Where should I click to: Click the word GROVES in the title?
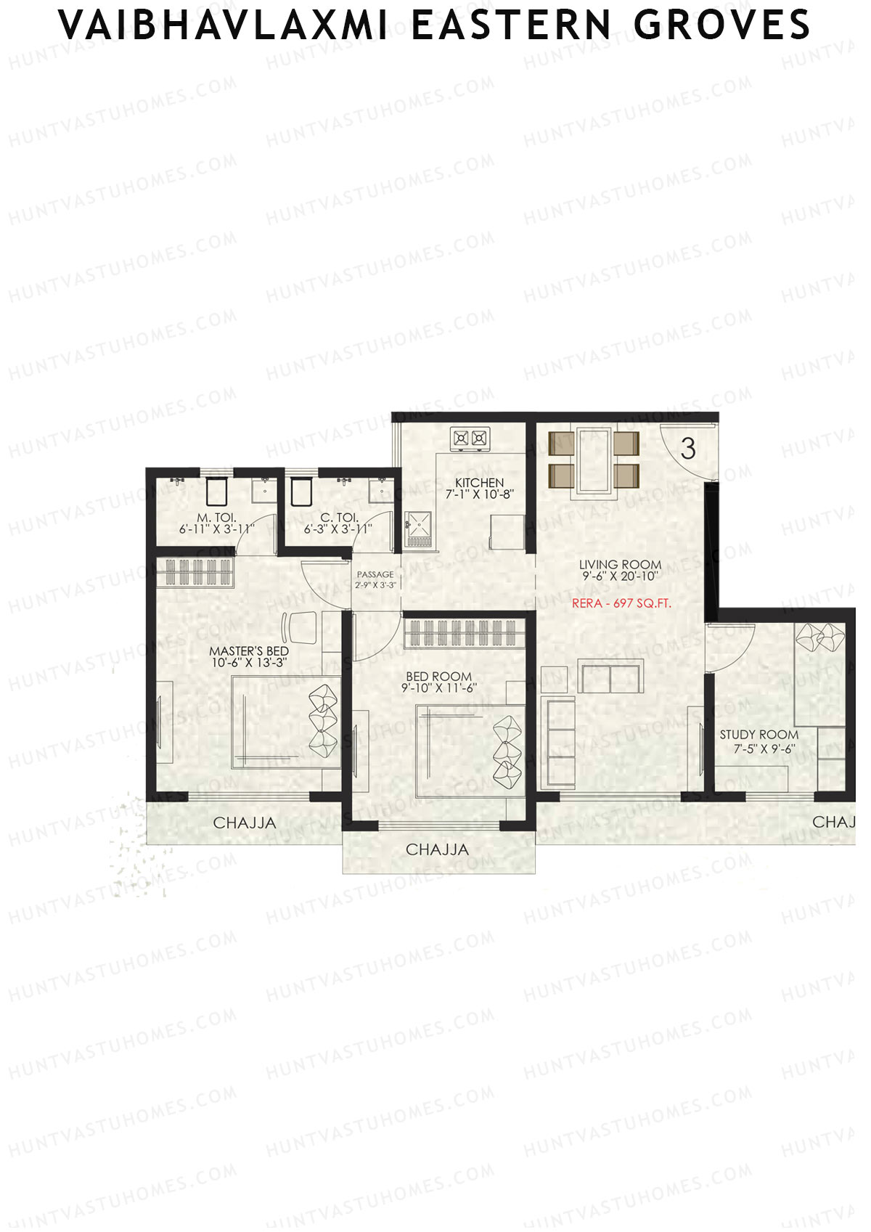[721, 25]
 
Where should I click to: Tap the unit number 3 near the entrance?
[688, 449]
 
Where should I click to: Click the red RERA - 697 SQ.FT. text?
[621, 603]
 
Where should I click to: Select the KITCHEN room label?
[479, 484]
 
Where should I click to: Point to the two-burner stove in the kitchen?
[470, 438]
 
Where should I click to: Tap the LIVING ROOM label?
[620, 565]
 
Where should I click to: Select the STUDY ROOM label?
[758, 735]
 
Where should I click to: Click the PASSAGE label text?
[375, 575]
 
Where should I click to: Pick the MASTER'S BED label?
[249, 651]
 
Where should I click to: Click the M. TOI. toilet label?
[216, 518]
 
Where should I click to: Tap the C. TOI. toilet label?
[336, 518]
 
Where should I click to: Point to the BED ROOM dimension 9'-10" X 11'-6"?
[439, 688]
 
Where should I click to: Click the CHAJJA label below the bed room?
[437, 849]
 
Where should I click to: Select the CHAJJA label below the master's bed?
[245, 823]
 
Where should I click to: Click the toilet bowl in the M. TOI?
[216, 491]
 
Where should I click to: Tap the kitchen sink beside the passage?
[418, 529]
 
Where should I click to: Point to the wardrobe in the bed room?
[465, 633]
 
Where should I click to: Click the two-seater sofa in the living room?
[611, 677]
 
